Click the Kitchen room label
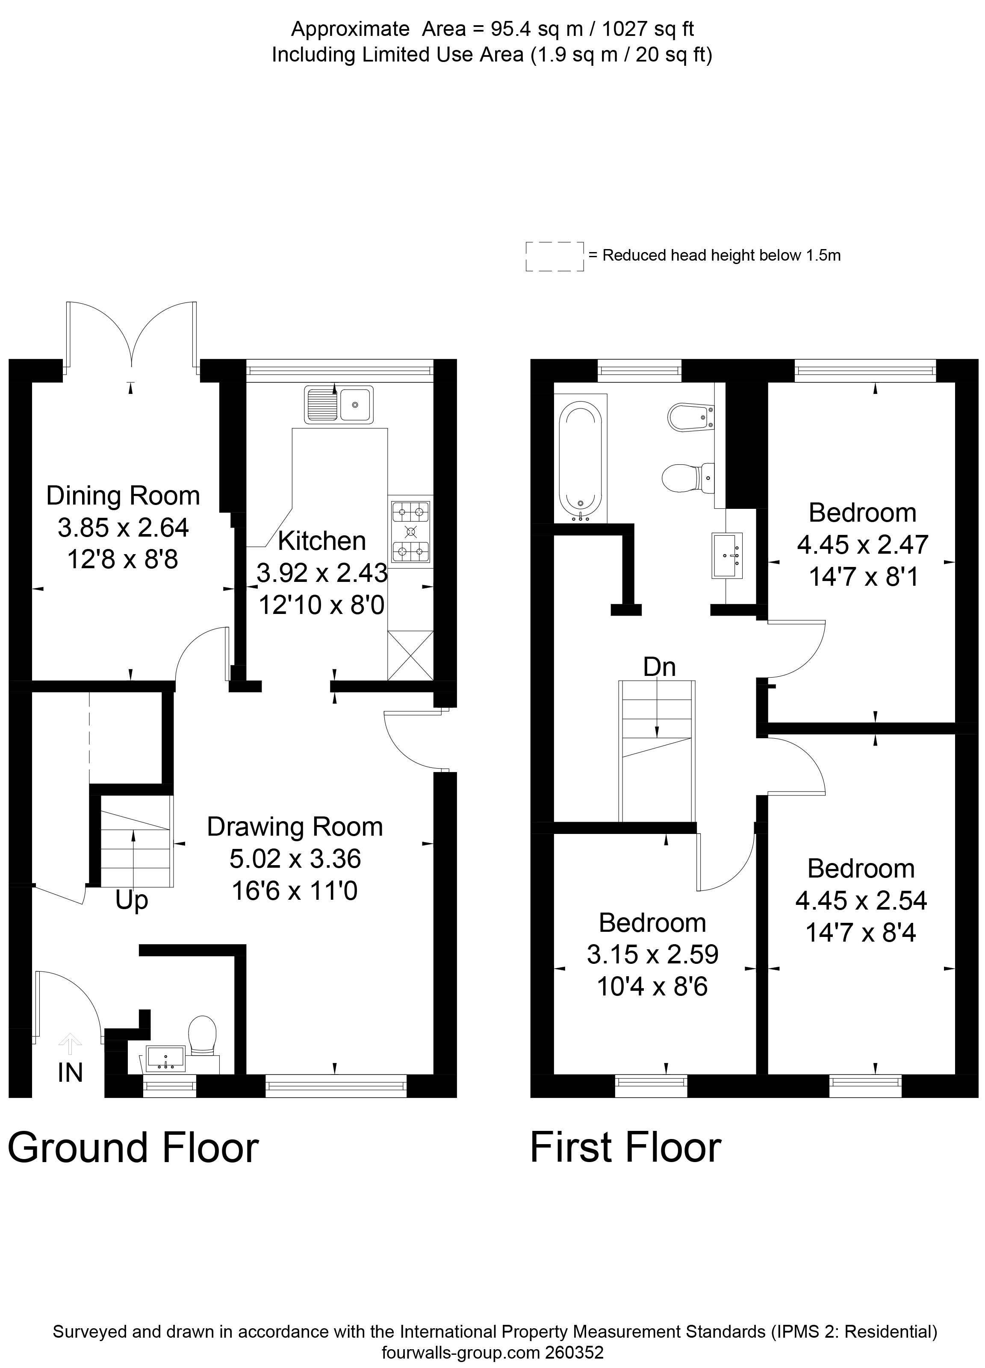pos(321,541)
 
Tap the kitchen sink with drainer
pos(339,404)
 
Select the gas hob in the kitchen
pos(411,531)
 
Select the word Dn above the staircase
pos(659,667)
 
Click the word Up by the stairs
pos(132,901)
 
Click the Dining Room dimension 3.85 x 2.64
pos(123,528)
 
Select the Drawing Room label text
pos(295,826)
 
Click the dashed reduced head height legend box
pos(554,256)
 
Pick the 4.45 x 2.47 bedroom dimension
pos(862,545)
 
